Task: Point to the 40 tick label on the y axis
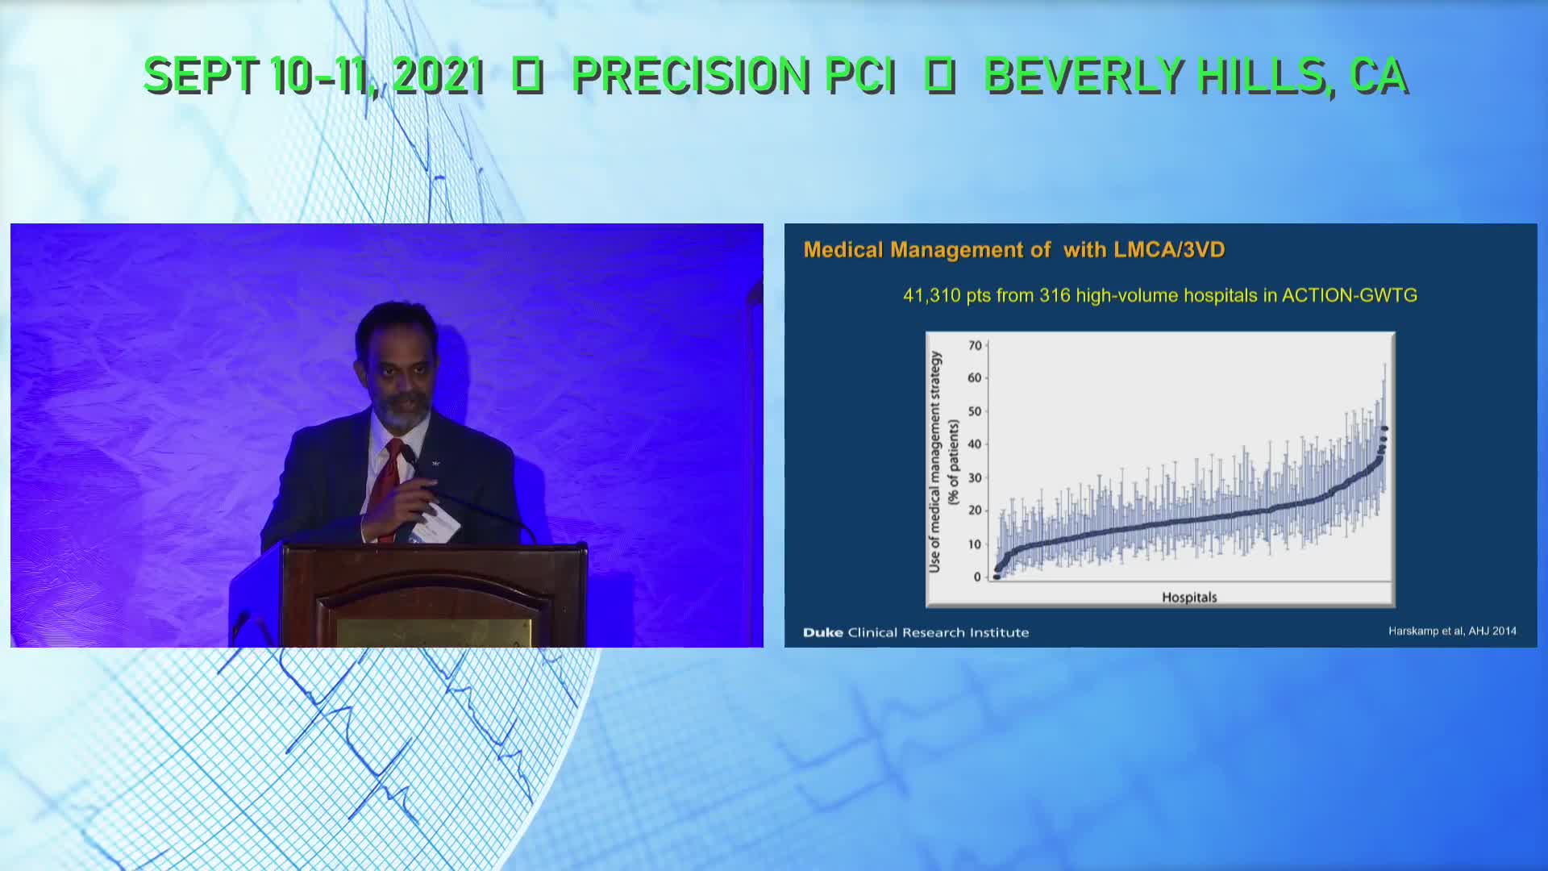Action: coord(975,444)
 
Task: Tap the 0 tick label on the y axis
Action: coord(978,577)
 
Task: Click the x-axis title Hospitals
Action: coord(1189,598)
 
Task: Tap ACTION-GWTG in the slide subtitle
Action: coord(1350,295)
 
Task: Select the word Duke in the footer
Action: coord(822,632)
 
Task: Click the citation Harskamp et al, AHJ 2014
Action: coord(1452,631)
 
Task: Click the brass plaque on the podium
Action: coord(435,632)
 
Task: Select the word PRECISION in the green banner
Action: coord(690,76)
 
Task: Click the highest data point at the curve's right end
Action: coord(1385,428)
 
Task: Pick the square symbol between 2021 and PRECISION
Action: coord(528,76)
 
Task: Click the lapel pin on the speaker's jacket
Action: coord(435,463)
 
